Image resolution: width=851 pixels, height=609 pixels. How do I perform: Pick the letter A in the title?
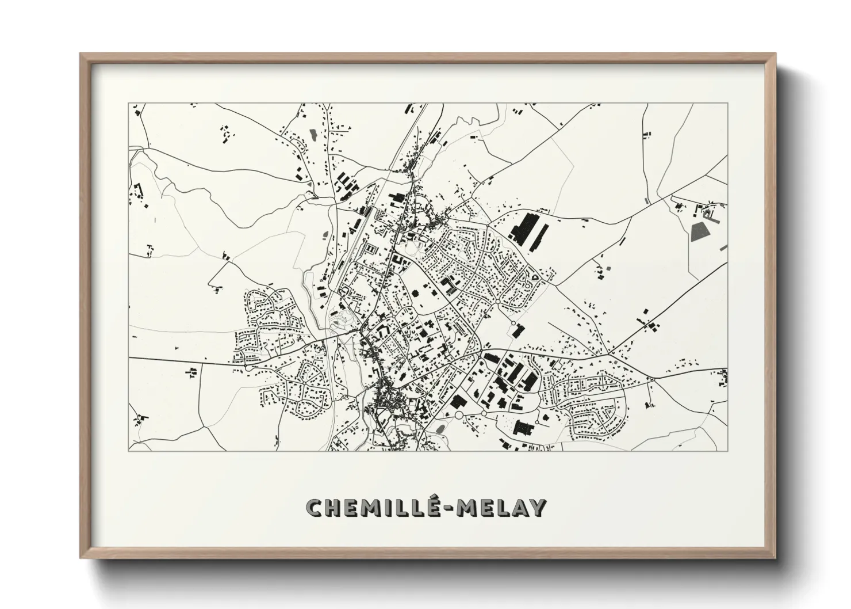pyautogui.click(x=517, y=508)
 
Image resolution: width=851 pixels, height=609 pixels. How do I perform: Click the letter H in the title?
pyautogui.click(x=335, y=508)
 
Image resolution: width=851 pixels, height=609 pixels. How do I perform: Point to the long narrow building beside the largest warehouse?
pyautogui.click(x=542, y=238)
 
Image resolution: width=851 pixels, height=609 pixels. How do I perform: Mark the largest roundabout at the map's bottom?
pyautogui.click(x=459, y=414)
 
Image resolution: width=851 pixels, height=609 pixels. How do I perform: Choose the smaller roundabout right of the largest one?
pyautogui.click(x=484, y=414)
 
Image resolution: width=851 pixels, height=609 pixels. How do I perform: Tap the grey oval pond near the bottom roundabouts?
pyautogui.click(x=440, y=429)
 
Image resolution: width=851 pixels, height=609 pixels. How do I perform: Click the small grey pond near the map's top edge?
pyautogui.click(x=313, y=135)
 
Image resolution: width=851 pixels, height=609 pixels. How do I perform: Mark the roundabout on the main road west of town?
pyautogui.click(x=247, y=366)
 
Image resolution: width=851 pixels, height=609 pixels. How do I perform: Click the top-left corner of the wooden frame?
pyautogui.click(x=81, y=54)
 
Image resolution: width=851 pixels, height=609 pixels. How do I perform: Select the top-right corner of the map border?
pyautogui.click(x=727, y=103)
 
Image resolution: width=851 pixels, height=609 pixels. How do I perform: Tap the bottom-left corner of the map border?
pyautogui.click(x=129, y=451)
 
